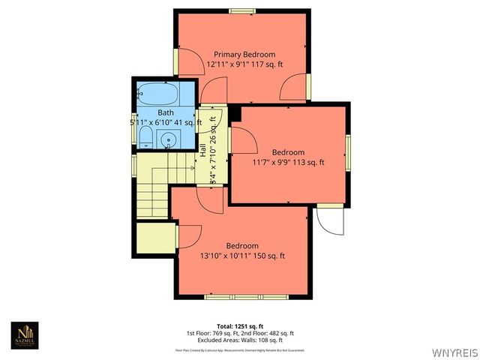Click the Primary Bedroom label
[x=244, y=55]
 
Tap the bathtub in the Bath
[x=158, y=95]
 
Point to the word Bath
[x=166, y=112]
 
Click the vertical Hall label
[x=203, y=150]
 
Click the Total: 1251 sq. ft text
[x=240, y=325]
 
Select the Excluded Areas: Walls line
[x=240, y=340]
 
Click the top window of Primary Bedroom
[x=241, y=10]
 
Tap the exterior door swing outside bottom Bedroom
[x=328, y=218]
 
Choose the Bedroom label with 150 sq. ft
[x=242, y=246]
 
